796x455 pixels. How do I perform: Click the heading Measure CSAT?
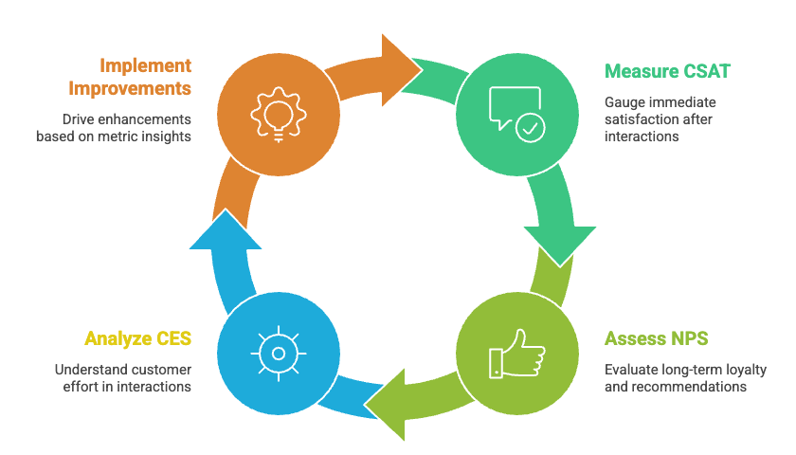[x=667, y=71]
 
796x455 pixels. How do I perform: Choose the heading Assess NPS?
[x=656, y=338]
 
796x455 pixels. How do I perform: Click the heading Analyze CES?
[x=137, y=338]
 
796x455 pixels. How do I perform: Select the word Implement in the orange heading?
[x=146, y=65]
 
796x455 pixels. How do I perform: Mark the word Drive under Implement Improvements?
[x=81, y=119]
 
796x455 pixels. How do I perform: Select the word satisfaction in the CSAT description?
[x=641, y=118]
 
